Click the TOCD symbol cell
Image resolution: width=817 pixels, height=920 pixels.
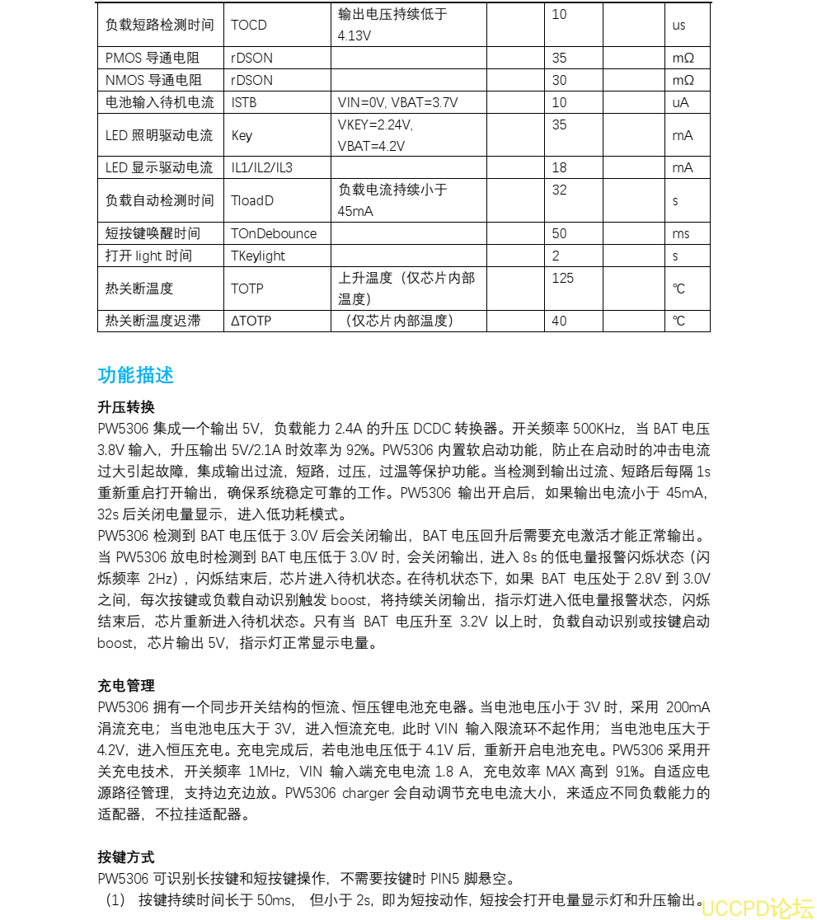[249, 25]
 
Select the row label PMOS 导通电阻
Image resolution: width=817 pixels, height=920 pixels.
[153, 58]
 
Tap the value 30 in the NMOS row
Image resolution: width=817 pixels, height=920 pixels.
[560, 80]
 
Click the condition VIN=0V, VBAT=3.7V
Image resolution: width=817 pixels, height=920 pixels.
[397, 102]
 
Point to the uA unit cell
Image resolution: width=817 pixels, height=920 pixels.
[680, 102]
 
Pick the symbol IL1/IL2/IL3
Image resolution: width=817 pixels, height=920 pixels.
[261, 167]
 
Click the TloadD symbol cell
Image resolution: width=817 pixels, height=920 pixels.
[252, 200]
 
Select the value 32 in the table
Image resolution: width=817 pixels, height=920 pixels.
[560, 190]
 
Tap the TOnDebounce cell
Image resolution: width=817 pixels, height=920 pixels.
[274, 233]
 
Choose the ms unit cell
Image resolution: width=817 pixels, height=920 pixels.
[681, 233]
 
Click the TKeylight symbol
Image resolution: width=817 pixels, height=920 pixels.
[258, 256]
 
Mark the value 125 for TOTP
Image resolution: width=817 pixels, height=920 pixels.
[563, 278]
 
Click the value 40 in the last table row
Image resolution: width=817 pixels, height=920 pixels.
[560, 320]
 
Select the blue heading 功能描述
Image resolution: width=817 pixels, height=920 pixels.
[135, 375]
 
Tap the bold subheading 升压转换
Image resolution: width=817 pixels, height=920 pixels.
[125, 407]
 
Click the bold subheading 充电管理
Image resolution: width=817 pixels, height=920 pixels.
[125, 685]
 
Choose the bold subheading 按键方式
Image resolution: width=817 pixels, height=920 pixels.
[125, 857]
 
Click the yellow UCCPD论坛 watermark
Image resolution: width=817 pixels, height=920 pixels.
[758, 908]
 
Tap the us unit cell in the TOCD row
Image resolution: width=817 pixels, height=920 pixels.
[679, 25]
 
